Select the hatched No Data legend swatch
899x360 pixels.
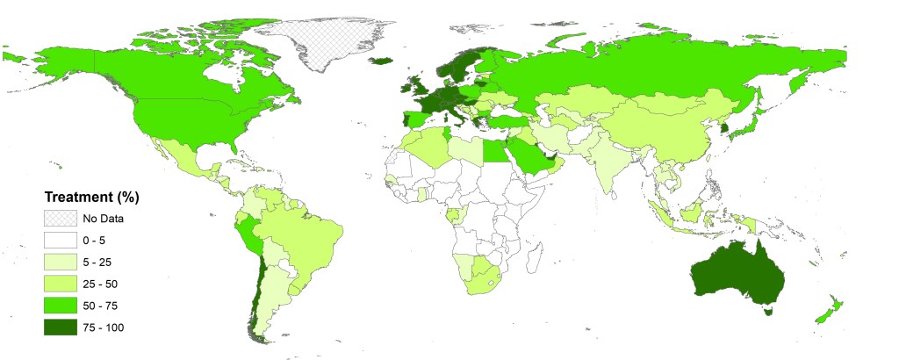pyautogui.click(x=59, y=218)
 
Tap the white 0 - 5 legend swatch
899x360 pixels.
pyautogui.click(x=59, y=239)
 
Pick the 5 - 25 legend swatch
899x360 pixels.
pyautogui.click(x=59, y=261)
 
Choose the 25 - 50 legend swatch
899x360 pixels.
pyautogui.click(x=59, y=283)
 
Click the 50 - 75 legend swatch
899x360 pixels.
pyautogui.click(x=59, y=305)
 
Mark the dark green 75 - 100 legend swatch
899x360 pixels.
pyautogui.click(x=59, y=327)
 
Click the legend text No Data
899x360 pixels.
pyautogui.click(x=103, y=218)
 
